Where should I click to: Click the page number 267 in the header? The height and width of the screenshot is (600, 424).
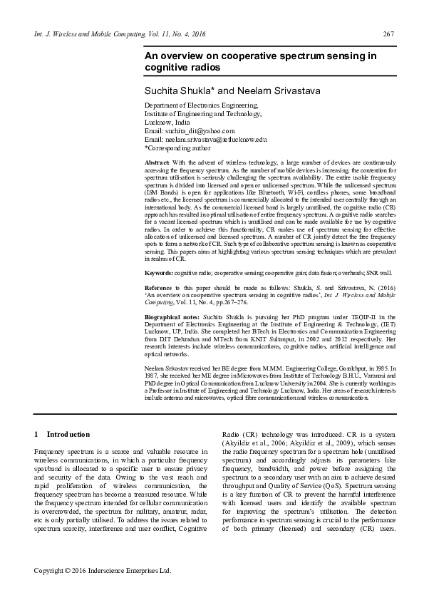(389, 35)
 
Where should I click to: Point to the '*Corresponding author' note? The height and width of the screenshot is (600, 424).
(177, 148)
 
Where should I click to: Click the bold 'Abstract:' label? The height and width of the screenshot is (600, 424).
(157, 163)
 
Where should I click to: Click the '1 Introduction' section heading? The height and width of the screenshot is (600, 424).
(62, 434)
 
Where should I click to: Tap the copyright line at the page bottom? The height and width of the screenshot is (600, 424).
(103, 571)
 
